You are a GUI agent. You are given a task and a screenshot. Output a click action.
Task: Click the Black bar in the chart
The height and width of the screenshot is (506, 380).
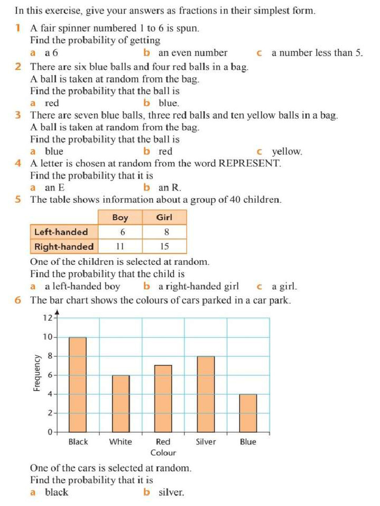coord(78,384)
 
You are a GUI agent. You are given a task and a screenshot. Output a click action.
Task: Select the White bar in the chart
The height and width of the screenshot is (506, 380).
coord(121,404)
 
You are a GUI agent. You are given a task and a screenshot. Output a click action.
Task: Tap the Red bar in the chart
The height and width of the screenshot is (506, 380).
coord(163,399)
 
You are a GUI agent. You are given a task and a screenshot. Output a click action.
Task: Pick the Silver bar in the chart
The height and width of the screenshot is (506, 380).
coord(205,394)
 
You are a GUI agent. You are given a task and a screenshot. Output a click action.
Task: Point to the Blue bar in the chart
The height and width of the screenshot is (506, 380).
coord(248,413)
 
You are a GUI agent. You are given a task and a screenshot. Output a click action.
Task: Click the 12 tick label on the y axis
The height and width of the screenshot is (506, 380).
coord(47,318)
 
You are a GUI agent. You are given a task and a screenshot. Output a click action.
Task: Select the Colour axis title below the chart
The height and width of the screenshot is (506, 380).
coord(163,453)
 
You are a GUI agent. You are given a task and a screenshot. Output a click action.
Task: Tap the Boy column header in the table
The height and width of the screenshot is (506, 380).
coord(120,217)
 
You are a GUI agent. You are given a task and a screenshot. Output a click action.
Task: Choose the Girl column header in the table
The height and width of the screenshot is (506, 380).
coord(164,217)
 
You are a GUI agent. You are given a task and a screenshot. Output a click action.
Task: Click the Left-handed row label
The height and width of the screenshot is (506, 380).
coord(61,232)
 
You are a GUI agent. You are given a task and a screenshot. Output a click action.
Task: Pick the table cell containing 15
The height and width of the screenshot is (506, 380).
coord(164,246)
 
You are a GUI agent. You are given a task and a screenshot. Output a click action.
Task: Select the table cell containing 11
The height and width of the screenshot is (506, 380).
coord(120,246)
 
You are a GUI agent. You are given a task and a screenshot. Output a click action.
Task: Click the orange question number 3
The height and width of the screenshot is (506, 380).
coord(18,116)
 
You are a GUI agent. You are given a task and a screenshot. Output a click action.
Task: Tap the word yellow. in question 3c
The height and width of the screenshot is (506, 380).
coord(287,152)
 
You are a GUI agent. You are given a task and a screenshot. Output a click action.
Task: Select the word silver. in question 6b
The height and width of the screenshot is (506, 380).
coord(171,492)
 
